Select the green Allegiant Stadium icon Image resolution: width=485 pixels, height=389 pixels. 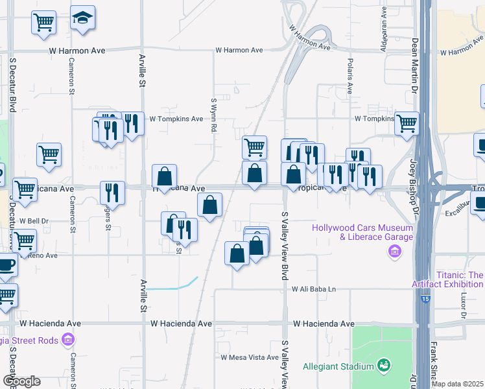coord(384,366)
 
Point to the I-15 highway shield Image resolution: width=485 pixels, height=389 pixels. coord(425,298)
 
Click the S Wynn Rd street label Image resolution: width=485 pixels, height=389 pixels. coord(213,114)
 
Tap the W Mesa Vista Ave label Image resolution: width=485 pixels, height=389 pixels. coord(249,357)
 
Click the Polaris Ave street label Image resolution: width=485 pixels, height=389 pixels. coord(349,79)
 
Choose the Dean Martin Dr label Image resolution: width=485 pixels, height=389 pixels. coord(414,65)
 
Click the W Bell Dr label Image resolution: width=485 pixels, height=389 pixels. coord(34,221)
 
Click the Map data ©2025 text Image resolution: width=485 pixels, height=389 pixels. coord(458,384)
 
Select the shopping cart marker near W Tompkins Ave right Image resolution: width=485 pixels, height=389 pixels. coord(407,122)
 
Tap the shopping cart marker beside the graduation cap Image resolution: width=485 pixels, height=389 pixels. coord(43,22)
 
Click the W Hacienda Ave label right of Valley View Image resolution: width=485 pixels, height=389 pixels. coord(323,324)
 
